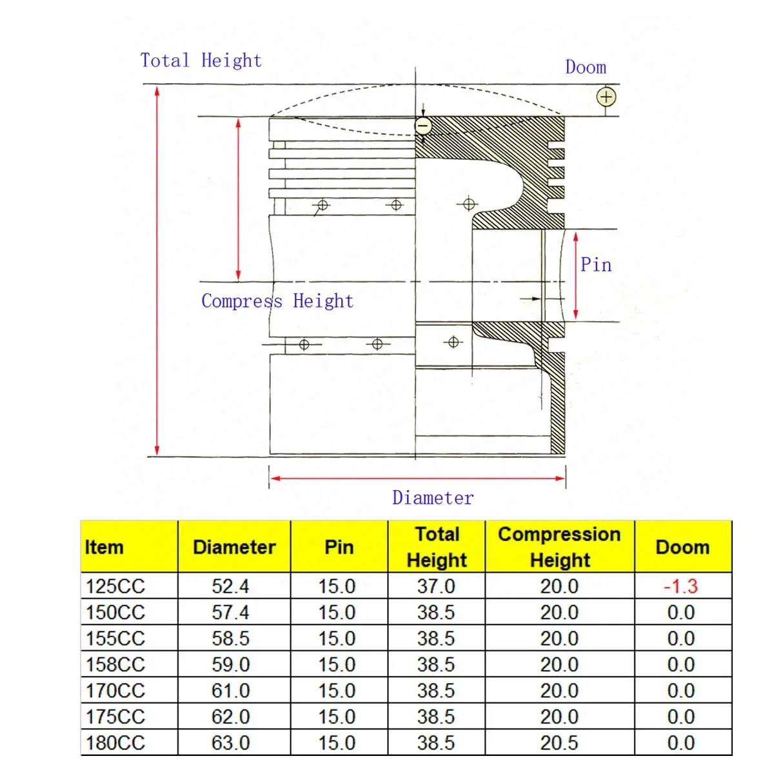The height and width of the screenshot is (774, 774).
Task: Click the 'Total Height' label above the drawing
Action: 201,61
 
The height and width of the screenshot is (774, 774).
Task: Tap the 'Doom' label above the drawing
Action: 586,67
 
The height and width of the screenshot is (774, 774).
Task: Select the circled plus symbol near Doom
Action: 606,97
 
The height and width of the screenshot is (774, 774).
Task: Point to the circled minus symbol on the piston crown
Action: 423,125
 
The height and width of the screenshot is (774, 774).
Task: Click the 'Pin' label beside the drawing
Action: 596,265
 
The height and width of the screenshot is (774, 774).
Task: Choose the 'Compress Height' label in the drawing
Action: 277,301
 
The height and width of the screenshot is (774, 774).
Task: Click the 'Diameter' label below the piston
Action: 433,498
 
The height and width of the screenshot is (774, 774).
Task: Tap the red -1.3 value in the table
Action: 681,586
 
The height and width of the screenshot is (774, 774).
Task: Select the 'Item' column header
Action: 104,547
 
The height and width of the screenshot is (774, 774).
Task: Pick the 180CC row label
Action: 115,742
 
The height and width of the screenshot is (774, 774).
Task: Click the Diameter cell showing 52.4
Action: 230,586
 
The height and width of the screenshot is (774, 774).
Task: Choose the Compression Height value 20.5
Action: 559,742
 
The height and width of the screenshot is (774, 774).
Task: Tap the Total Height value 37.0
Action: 436,586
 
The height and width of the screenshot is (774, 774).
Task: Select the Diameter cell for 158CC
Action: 230,664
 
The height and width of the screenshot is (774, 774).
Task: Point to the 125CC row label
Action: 115,586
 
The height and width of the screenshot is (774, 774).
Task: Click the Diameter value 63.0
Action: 230,742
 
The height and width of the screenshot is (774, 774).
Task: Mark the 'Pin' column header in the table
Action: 339,547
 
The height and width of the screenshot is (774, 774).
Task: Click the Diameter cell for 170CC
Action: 230,691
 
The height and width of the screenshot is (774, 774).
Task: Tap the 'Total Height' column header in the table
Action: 437,547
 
